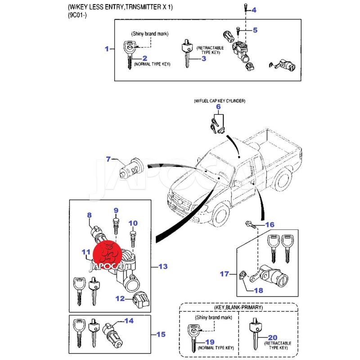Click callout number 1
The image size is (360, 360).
[107, 49]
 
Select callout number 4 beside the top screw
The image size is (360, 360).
[254, 10]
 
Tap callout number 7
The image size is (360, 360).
[108, 159]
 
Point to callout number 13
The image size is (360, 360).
[162, 267]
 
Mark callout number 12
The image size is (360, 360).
[119, 298]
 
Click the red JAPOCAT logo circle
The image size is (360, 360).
[108, 254]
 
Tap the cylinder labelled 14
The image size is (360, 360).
[111, 336]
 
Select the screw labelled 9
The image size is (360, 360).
[116, 224]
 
